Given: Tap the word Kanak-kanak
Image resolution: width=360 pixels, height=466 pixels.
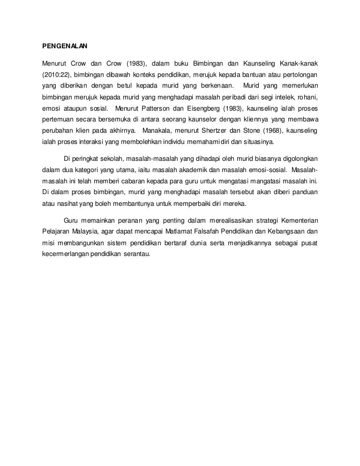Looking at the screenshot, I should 300,63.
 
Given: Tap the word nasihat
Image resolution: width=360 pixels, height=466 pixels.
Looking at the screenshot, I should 62,204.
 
